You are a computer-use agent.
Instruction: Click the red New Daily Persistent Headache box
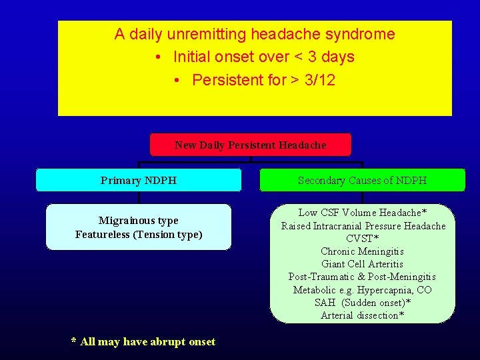pos(251,145)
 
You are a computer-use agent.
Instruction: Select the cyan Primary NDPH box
pos(139,180)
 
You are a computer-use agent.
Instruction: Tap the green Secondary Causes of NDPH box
pos(362,180)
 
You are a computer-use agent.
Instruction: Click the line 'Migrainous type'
pos(139,221)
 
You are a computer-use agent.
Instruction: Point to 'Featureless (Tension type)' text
pos(139,235)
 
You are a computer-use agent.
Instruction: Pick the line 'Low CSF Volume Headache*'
pos(363,213)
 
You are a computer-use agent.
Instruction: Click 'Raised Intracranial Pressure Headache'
pos(363,226)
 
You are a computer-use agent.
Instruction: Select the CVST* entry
pos(363,239)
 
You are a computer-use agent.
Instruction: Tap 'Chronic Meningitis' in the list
pos(362,251)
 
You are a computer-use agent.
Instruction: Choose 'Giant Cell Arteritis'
pos(362,264)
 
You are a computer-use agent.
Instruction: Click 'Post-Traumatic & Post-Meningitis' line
pos(362,277)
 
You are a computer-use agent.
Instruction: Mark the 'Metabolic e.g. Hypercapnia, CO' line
pos(362,289)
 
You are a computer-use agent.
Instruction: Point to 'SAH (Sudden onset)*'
pos(362,303)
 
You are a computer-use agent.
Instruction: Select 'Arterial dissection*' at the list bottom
pos(362,315)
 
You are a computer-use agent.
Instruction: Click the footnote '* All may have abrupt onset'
pos(143,342)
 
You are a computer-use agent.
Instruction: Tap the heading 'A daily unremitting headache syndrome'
pos(255,34)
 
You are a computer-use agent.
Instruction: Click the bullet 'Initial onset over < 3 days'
pos(263,57)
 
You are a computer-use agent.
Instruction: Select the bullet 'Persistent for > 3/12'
pos(263,80)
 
